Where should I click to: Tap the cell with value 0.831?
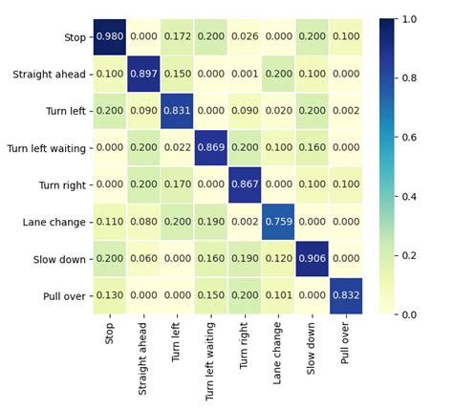pyautogui.click(x=179, y=111)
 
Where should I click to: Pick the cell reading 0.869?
pyautogui.click(x=213, y=147)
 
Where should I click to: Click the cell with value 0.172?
pyautogui.click(x=179, y=36)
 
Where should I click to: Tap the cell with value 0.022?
pyautogui.click(x=179, y=147)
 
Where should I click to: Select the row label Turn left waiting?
pyautogui.click(x=45, y=148)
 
